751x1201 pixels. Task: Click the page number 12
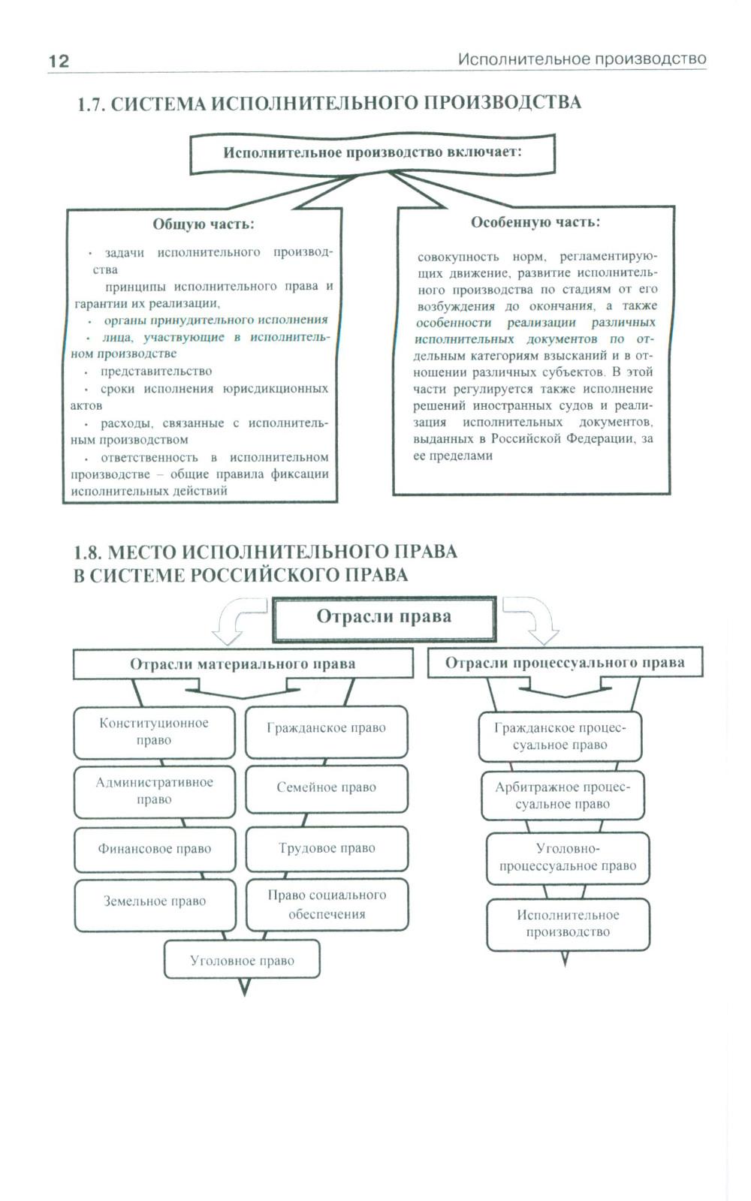59,62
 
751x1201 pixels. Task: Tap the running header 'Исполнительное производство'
582,59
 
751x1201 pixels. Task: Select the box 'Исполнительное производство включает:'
372,153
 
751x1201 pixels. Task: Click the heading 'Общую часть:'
204,224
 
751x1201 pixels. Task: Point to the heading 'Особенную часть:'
535,222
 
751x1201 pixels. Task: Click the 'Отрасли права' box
384,618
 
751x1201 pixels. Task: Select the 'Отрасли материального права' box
243,664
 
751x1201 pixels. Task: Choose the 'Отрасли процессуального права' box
565,663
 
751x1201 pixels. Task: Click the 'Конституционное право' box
154,732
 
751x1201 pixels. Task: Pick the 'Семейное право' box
327,787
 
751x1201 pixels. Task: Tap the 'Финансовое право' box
155,849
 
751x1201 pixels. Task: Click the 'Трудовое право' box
327,848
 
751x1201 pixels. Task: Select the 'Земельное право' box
155,902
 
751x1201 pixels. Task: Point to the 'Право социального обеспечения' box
327,905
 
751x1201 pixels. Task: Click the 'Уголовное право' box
242,961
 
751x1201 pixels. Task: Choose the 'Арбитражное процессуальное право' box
562,796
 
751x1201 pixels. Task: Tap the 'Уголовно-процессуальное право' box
568,857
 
